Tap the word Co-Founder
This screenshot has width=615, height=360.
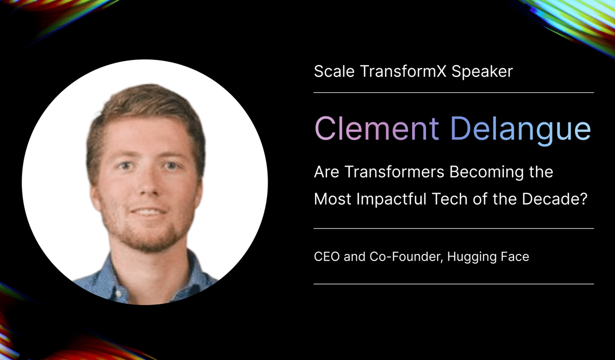406,256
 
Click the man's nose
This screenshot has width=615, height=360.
145,188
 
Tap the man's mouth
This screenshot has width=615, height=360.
147,211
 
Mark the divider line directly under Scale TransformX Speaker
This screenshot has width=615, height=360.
454,93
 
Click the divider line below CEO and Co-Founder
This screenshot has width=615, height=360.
454,283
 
